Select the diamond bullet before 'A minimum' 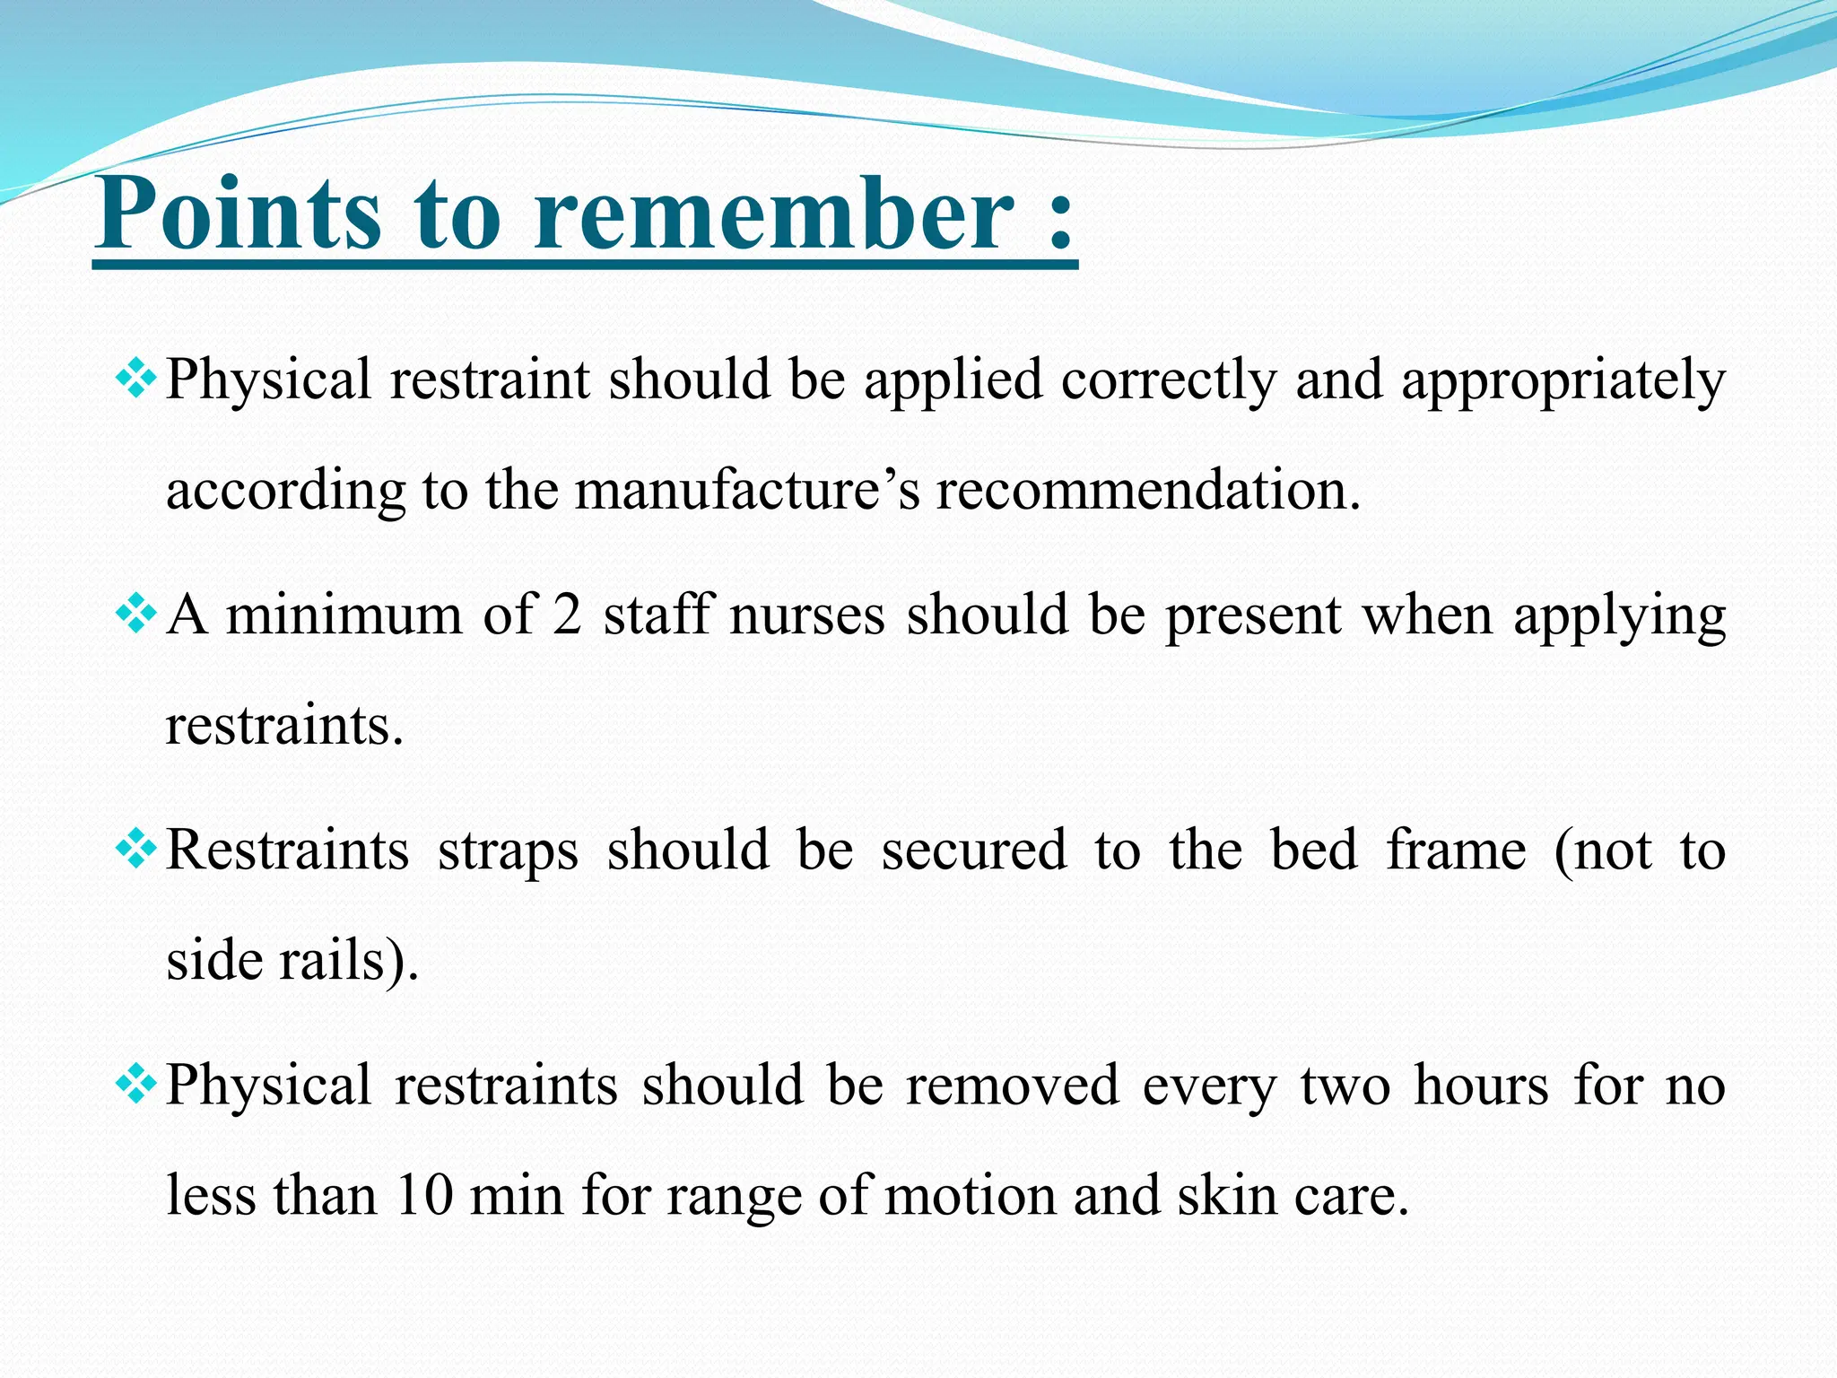(x=136, y=615)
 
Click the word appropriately (x=1563, y=380)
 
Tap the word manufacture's (x=747, y=491)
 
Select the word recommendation (x=1147, y=491)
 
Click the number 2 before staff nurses (x=566, y=615)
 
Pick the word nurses (x=806, y=615)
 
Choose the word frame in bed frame (x=1456, y=850)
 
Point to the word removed (x=1012, y=1086)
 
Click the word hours (x=1481, y=1086)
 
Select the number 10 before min (x=423, y=1196)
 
